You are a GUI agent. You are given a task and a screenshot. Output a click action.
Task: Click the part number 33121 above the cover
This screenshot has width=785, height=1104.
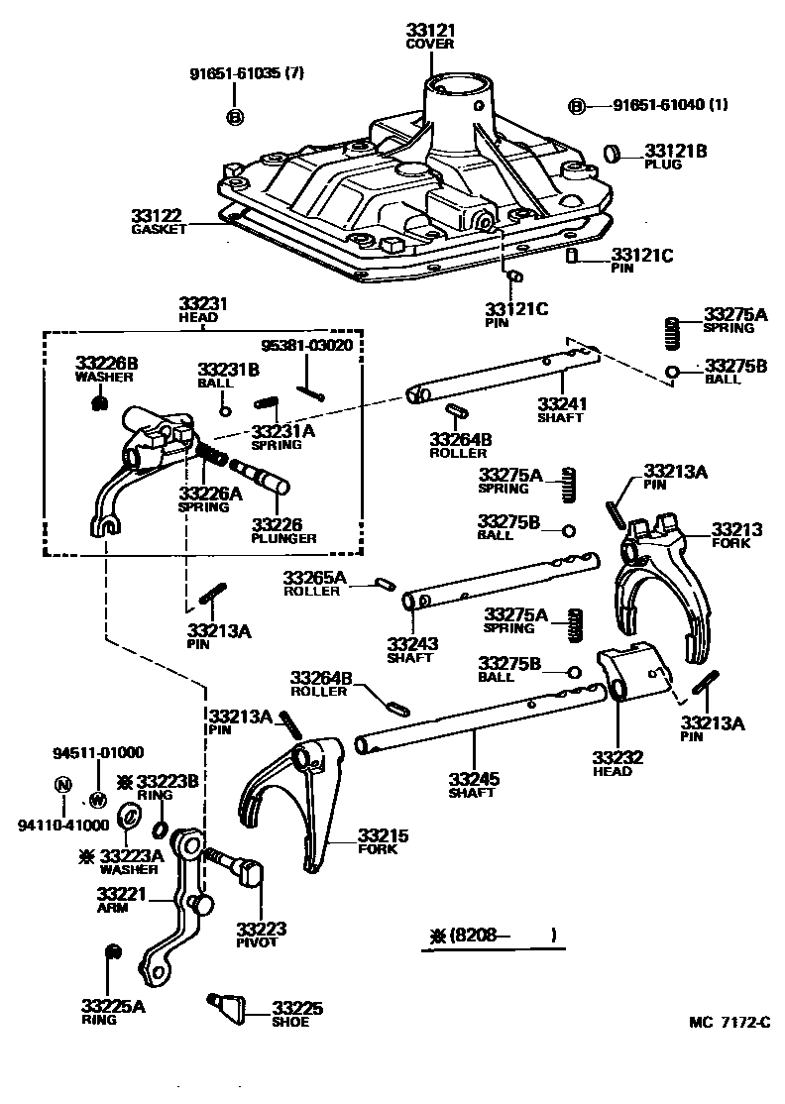pos(429,31)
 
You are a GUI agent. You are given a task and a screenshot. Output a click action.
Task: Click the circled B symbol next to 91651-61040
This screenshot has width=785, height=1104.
pos(576,107)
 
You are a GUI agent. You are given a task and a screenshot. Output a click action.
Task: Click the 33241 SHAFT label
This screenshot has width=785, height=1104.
pos(560,409)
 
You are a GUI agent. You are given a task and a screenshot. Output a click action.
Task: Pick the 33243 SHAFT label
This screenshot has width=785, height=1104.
pos(413,649)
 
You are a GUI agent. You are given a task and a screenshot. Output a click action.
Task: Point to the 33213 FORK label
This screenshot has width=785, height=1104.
pos(736,536)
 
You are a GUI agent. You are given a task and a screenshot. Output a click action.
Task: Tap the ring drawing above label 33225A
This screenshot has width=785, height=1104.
pos(112,953)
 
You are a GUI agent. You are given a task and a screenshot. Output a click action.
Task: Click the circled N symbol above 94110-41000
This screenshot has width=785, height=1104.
pos(62,784)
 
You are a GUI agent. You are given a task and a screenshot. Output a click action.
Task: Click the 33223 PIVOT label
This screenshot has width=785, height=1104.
pos(261,935)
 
